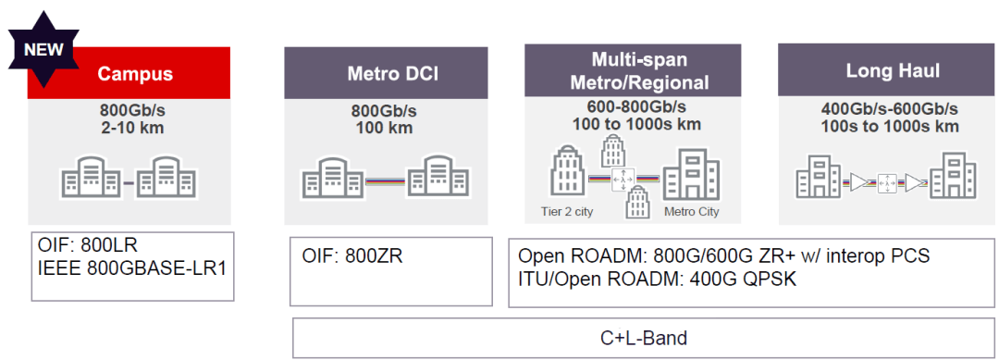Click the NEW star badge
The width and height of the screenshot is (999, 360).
coord(43,47)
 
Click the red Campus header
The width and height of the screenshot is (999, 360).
coord(136,73)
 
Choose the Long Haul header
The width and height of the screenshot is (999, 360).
coord(880,70)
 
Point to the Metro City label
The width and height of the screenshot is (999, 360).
coord(691,212)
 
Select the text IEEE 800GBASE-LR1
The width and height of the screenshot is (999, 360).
coord(130,270)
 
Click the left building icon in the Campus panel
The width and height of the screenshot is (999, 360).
coord(90,177)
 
